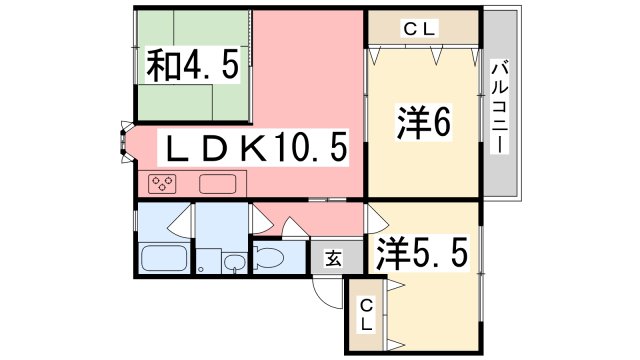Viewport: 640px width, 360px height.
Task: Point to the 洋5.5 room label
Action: coord(422,252)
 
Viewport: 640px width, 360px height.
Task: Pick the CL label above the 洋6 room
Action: coord(421,29)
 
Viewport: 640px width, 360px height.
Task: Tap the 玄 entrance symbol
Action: coord(331,257)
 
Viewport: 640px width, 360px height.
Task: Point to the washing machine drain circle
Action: coord(202,267)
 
